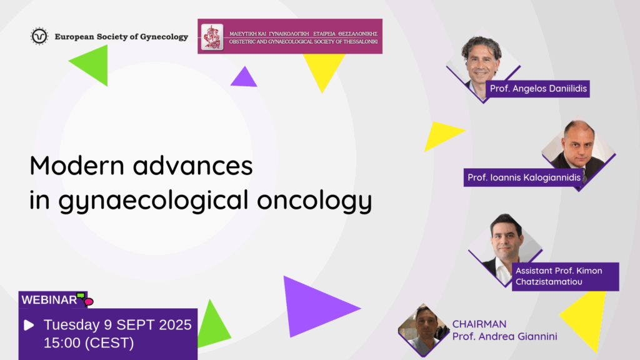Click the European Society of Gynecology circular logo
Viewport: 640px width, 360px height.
39,36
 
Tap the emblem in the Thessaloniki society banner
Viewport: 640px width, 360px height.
212,37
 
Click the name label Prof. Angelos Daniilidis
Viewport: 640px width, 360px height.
538,89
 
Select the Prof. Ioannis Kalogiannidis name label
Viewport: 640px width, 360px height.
524,177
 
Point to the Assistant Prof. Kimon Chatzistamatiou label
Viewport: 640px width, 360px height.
565,276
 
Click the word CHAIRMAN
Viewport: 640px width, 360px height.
479,324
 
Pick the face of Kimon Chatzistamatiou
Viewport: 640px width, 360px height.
507,238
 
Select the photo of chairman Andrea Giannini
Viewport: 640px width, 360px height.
424,330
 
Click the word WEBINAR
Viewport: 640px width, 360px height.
49,300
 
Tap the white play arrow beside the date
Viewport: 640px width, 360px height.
29,325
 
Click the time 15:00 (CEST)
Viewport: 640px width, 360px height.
89,343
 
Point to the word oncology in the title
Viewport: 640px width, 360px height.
314,200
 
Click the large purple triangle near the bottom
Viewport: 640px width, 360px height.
316,307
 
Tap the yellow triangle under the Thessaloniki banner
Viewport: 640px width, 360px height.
323,69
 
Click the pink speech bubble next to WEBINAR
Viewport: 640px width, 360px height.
89,302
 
